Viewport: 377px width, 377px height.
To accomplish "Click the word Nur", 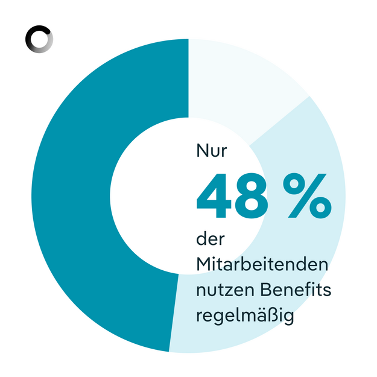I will pos(212,151).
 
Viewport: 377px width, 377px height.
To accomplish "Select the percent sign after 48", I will pos(308,196).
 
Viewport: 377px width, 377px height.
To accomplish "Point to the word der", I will pos(210,239).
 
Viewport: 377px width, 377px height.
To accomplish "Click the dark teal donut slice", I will pos(72,193).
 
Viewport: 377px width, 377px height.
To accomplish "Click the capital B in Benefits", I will pos(269,290).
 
